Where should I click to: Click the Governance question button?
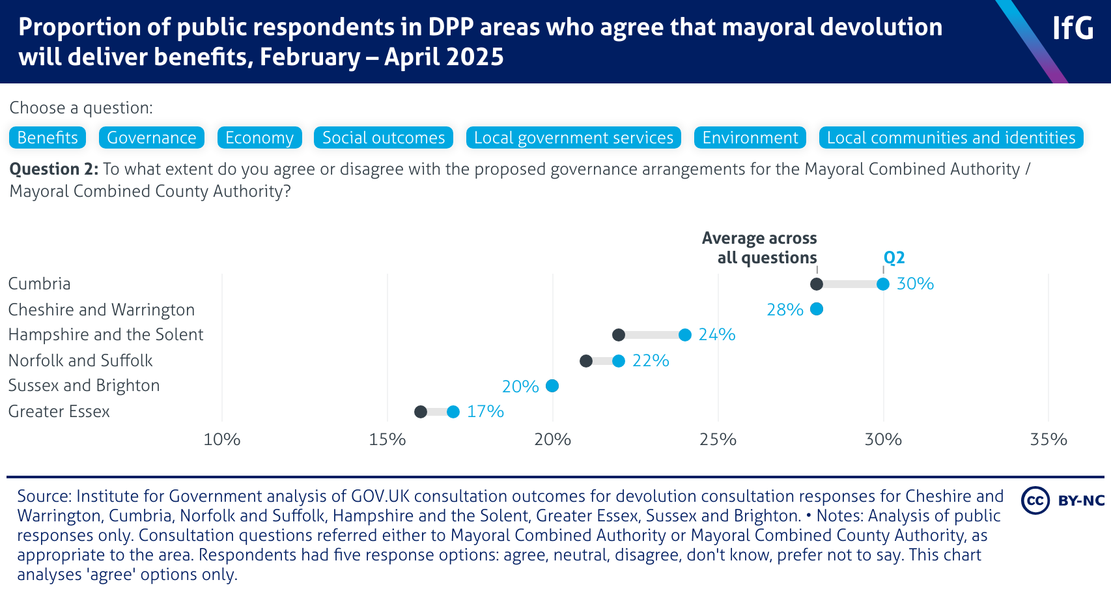coord(152,137)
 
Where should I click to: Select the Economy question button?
coord(259,137)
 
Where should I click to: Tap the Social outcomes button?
coord(384,137)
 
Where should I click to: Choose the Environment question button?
coord(750,137)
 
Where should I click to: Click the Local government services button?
coord(574,137)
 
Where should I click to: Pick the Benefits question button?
coord(48,137)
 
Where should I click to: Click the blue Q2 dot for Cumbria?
coord(883,284)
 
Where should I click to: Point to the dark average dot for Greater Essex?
coord(421,412)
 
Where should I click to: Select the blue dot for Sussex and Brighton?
coord(552,386)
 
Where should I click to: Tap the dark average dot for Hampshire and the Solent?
coord(619,335)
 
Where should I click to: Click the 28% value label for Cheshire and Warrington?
coord(785,310)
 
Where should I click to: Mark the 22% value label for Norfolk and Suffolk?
coord(651,360)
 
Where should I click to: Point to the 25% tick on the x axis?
coord(718,440)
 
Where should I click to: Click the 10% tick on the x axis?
coord(222,440)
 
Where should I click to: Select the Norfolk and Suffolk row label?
coord(80,360)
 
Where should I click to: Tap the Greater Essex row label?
coord(59,412)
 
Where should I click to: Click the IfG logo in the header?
coord(1073,28)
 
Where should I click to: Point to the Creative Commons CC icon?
coord(1035,500)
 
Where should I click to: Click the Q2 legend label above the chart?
coord(894,257)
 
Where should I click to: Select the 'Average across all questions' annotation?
coord(760,248)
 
